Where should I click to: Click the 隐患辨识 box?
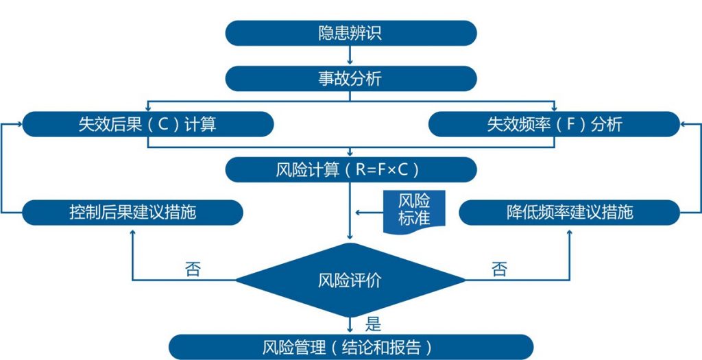point(350,33)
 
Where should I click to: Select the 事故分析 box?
point(350,78)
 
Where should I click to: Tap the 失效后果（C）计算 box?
point(147,125)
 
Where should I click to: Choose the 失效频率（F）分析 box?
point(554,125)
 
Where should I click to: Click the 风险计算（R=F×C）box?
point(350,169)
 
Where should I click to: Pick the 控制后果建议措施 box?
point(132,213)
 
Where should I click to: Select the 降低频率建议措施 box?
point(569,213)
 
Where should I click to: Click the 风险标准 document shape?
point(414,209)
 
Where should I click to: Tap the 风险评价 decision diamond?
point(350,280)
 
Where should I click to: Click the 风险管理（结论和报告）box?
point(350,347)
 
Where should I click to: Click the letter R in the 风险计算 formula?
point(361,169)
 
